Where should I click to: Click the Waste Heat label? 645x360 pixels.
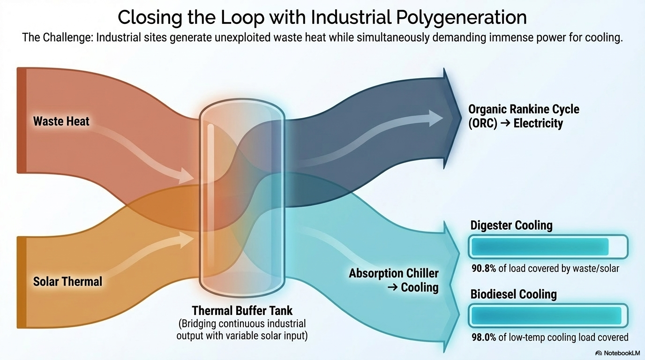pos(61,121)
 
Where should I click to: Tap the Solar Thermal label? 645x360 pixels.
pos(67,281)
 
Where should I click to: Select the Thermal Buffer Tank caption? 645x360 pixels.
pos(242,310)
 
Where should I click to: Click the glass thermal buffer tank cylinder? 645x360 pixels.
pos(242,197)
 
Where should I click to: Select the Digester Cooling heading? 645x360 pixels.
pos(511,225)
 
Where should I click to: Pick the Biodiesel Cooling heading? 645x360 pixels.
pos(513,294)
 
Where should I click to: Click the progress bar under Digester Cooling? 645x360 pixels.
pos(548,247)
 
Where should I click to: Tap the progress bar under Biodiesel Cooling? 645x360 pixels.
pos(548,315)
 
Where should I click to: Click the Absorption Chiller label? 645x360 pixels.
pos(394,273)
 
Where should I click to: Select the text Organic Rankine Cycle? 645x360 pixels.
pos(524,109)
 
